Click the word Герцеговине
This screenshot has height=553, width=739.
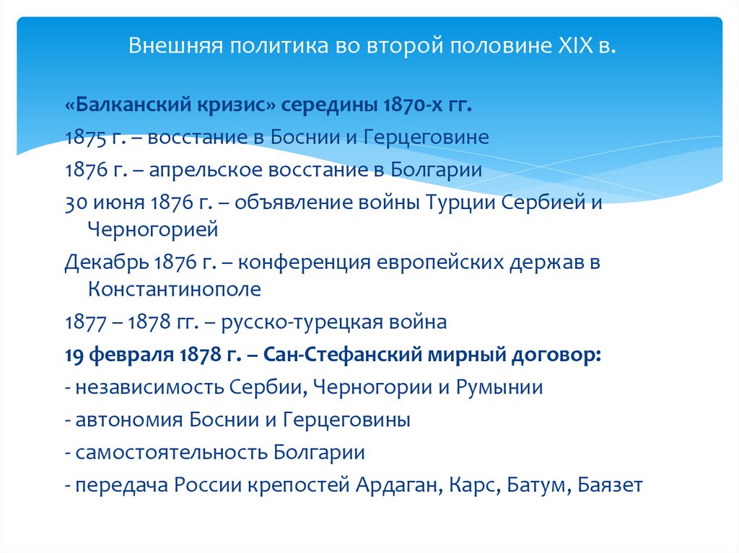coord(427,138)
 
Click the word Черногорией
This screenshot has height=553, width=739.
coord(152,231)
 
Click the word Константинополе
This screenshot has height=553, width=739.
coord(174,290)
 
